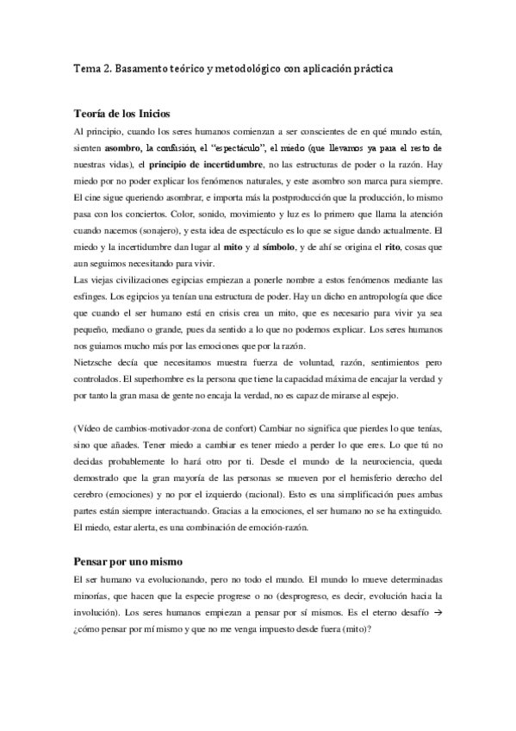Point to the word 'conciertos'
[x=147, y=216]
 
